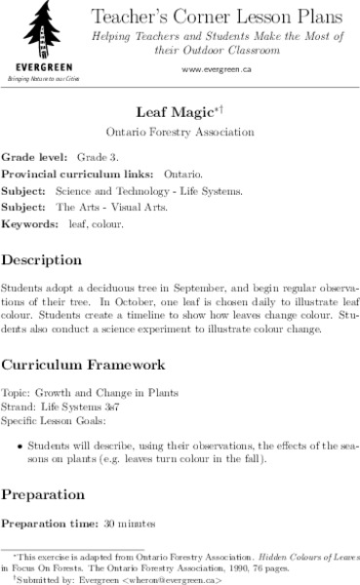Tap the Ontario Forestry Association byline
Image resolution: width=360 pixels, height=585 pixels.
(x=180, y=131)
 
